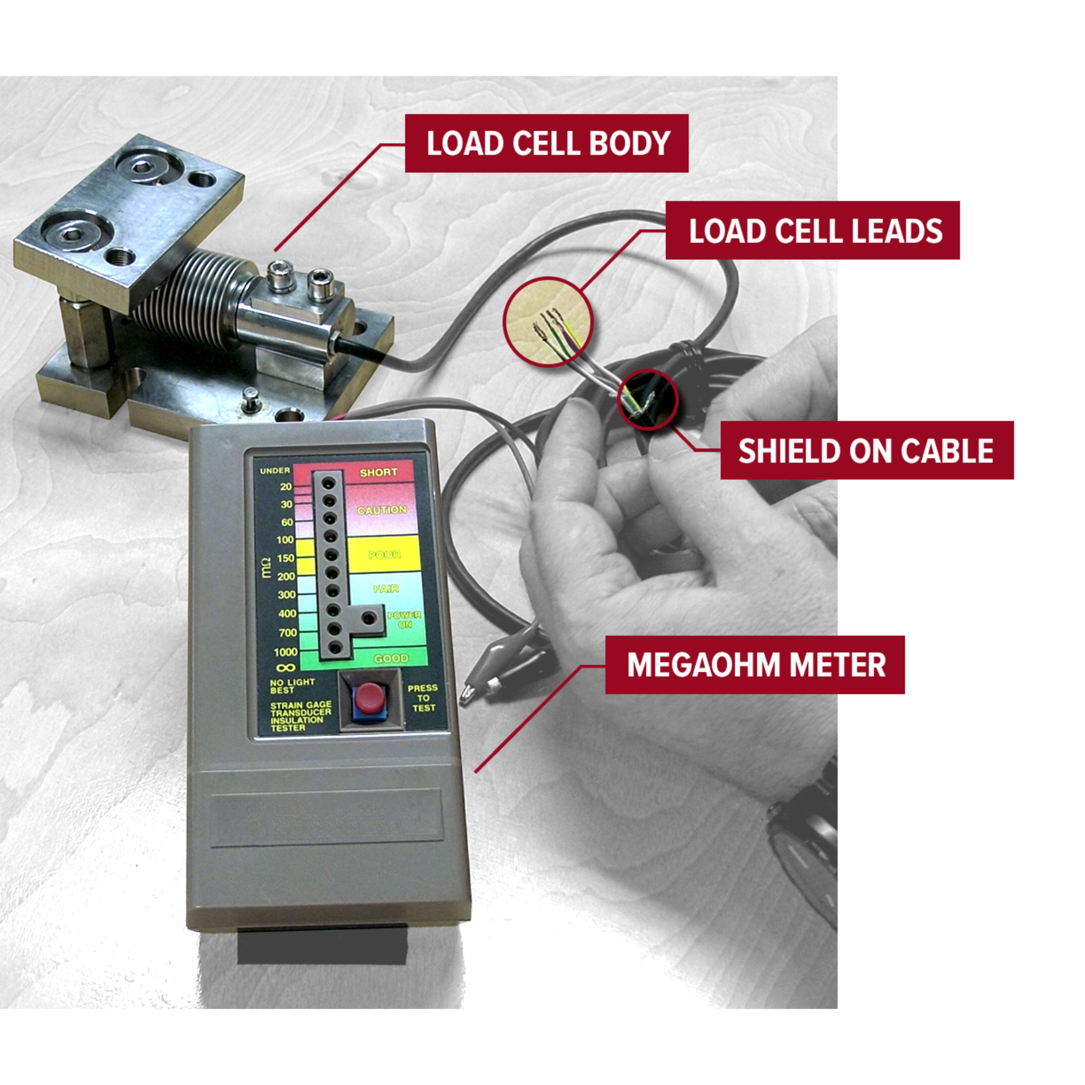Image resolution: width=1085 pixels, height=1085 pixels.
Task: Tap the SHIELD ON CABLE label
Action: click(867, 450)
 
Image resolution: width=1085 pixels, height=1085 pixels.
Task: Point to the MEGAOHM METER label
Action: click(755, 665)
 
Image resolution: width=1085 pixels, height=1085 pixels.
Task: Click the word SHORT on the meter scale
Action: click(378, 472)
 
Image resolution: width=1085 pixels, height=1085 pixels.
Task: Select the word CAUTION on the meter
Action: click(382, 510)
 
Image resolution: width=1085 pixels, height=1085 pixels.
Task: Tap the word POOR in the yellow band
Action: click(384, 555)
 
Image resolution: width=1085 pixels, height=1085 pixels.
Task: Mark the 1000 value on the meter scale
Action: click(285, 652)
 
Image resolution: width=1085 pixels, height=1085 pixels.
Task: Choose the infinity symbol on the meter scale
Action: click(285, 668)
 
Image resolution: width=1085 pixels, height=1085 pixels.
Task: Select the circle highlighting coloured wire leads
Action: click(548, 322)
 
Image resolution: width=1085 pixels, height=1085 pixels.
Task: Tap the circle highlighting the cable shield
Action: click(648, 400)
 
